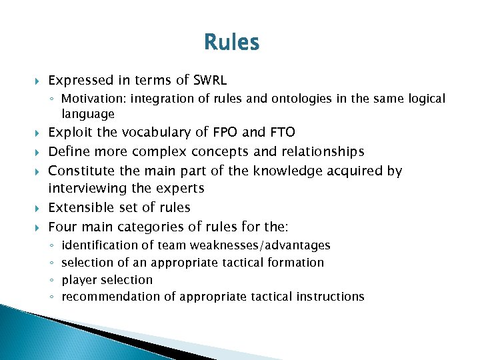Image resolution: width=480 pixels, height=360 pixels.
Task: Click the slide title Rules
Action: (232, 43)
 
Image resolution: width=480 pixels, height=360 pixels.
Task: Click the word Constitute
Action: (83, 171)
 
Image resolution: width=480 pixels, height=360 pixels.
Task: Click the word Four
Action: (63, 227)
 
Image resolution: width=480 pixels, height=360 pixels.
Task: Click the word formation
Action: (295, 263)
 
